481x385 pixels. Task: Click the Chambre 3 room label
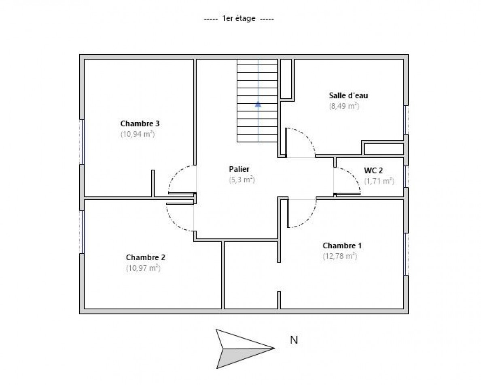137,123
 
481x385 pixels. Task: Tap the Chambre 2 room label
145,257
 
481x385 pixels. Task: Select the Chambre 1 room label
342,246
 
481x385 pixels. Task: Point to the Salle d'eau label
348,96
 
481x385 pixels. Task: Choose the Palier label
239,169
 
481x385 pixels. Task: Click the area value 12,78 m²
340,256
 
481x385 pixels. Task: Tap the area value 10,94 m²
138,134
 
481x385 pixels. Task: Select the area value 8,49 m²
344,106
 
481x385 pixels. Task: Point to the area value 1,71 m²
379,181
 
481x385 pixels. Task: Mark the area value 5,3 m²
242,180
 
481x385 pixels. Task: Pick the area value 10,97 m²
143,268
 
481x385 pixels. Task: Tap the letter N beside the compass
294,340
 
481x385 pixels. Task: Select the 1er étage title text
239,19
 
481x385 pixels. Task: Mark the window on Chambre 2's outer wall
83,231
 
